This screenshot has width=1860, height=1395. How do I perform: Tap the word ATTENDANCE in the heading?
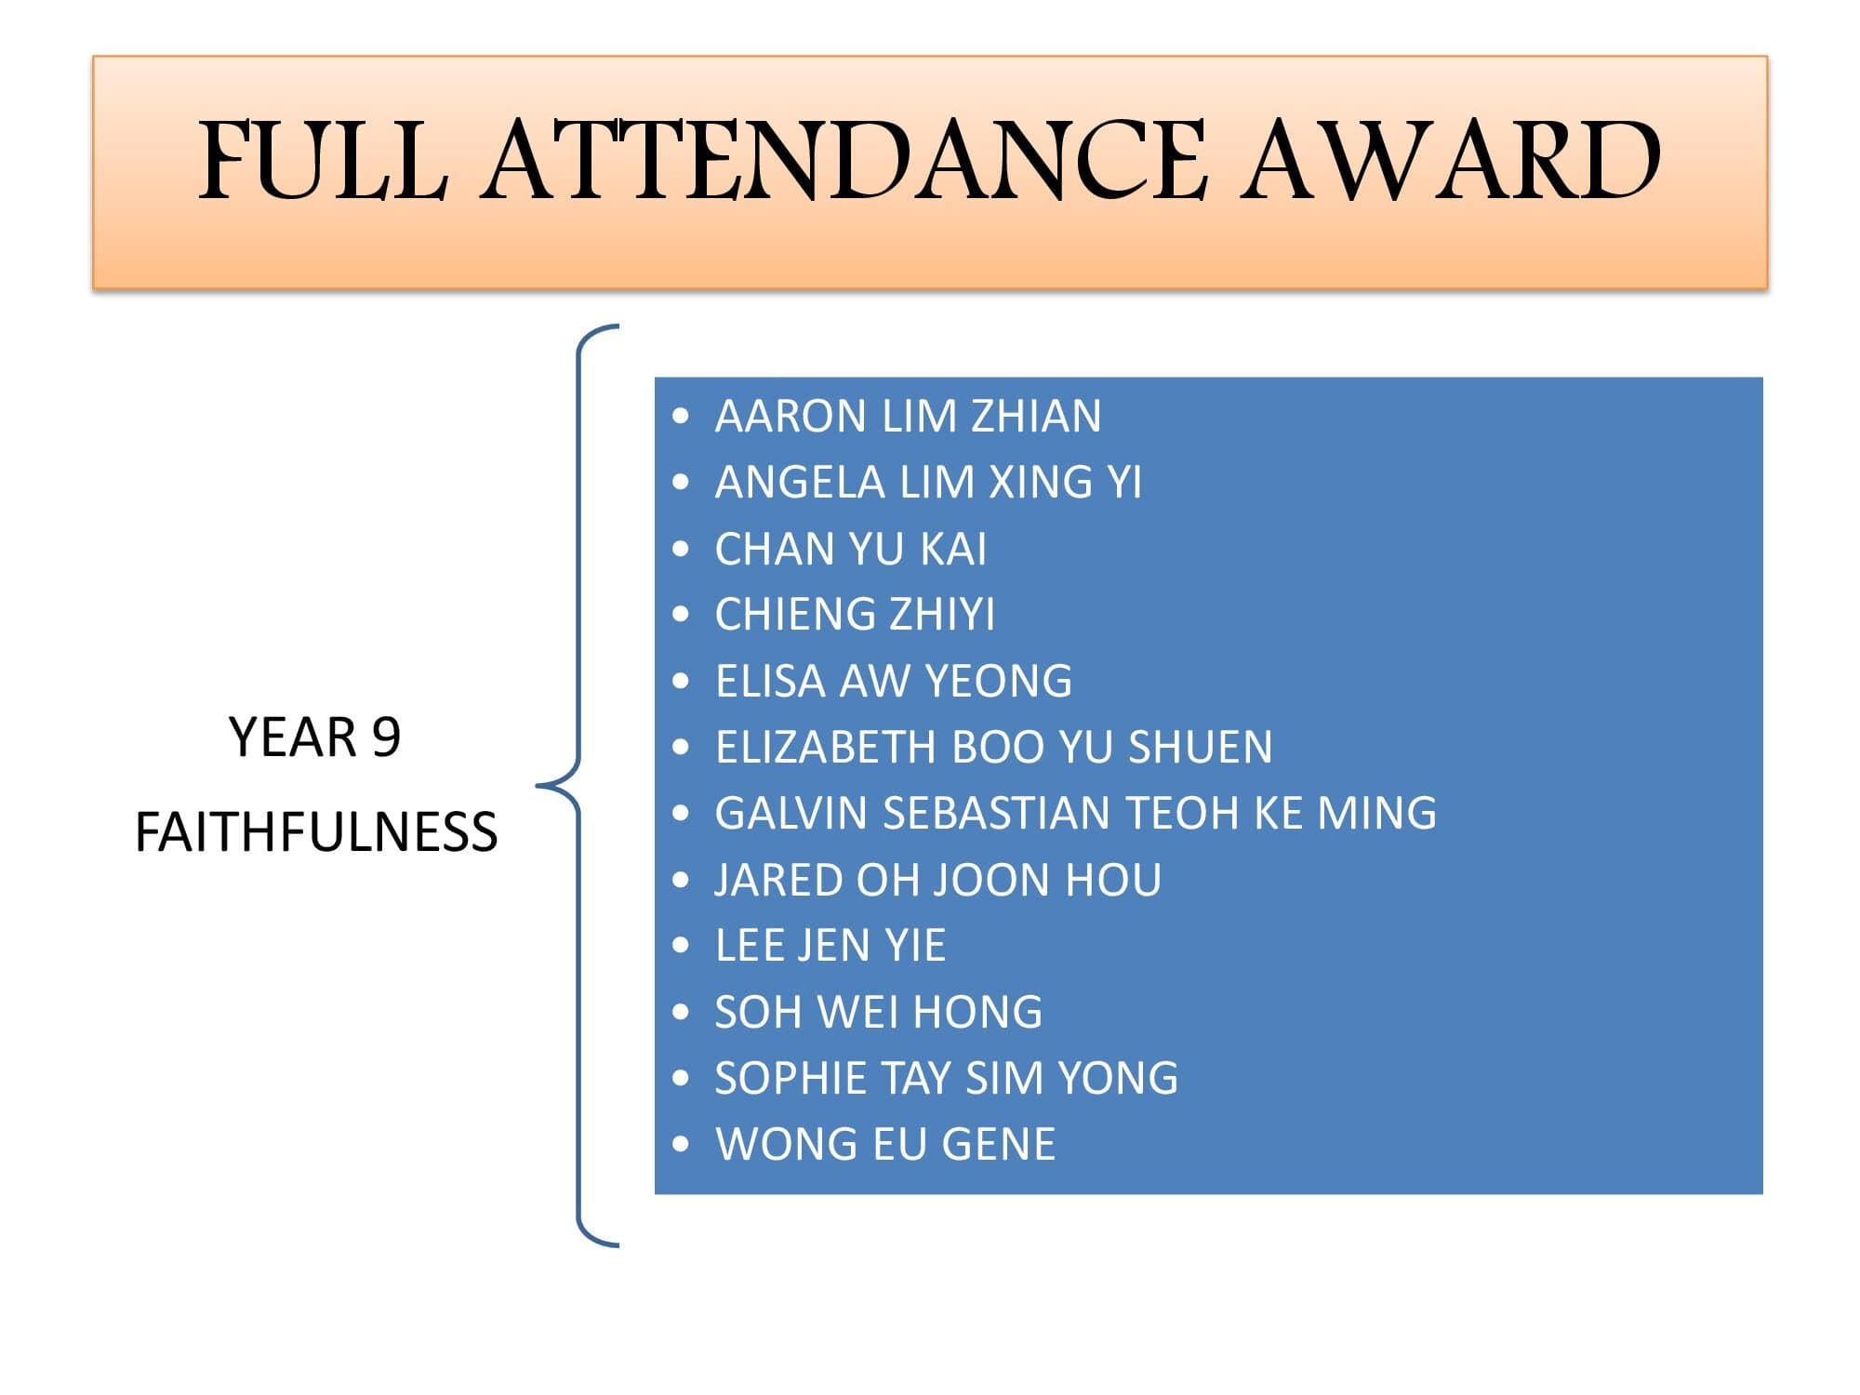[x=844, y=160]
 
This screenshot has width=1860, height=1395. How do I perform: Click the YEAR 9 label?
[x=314, y=737]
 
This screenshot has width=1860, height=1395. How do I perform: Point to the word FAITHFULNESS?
[x=316, y=831]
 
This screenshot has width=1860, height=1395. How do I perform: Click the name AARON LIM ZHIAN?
[x=908, y=416]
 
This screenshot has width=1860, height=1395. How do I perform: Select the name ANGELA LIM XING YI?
[x=928, y=482]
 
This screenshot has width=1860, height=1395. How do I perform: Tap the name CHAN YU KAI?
[x=850, y=549]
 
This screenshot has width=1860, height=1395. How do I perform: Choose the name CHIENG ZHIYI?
[x=855, y=615]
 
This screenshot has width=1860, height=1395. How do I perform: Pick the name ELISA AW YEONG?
[x=893, y=681]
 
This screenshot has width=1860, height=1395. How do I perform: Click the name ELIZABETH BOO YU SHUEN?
[x=993, y=747]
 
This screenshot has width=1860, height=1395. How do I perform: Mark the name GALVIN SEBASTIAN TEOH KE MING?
[x=1075, y=813]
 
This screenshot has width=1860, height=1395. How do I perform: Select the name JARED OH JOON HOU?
[x=937, y=880]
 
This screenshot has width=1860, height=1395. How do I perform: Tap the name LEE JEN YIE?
[x=830, y=946]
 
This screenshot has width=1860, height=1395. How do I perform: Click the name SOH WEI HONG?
[x=878, y=1012]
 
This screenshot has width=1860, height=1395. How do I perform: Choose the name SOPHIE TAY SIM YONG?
[x=946, y=1078]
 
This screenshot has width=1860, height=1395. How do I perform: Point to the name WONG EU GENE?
[x=884, y=1144]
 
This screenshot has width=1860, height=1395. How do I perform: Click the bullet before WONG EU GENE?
[x=682, y=1144]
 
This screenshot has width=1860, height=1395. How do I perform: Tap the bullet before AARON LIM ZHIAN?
[x=682, y=416]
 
